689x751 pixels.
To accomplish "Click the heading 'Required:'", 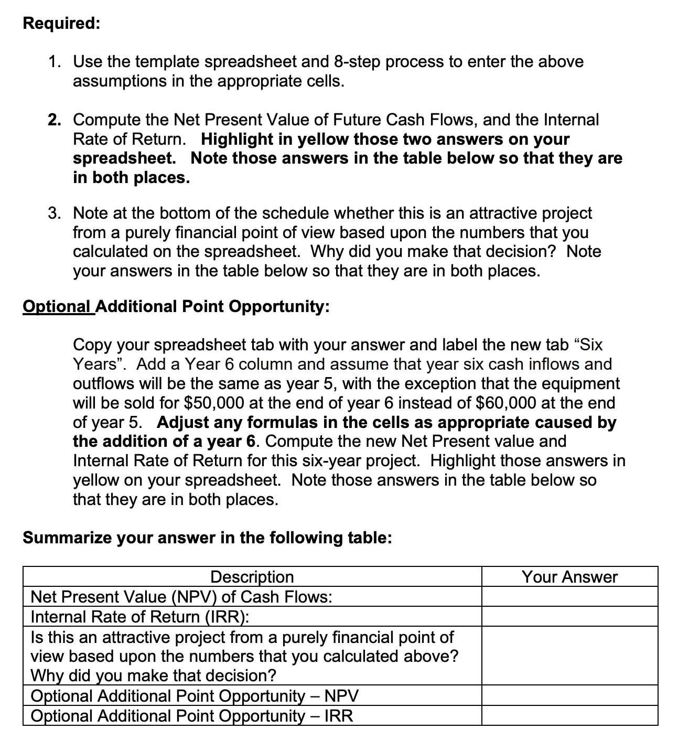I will click(61, 24).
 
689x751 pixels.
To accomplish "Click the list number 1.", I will click(53, 62).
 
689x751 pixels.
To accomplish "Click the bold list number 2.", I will click(53, 120).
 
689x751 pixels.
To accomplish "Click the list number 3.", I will click(53, 213).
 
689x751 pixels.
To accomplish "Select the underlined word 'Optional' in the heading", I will click(57, 306).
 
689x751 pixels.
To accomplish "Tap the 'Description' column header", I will click(252, 577).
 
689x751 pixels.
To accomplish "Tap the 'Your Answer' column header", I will click(569, 577).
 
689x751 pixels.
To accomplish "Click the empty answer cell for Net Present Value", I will click(569, 597).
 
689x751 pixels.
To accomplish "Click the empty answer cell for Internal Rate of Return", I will click(569, 617).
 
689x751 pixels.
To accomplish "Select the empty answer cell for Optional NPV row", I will click(569, 695).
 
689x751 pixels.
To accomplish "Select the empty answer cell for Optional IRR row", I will click(569, 715).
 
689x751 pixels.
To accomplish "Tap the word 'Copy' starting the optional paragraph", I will click(92, 345).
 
